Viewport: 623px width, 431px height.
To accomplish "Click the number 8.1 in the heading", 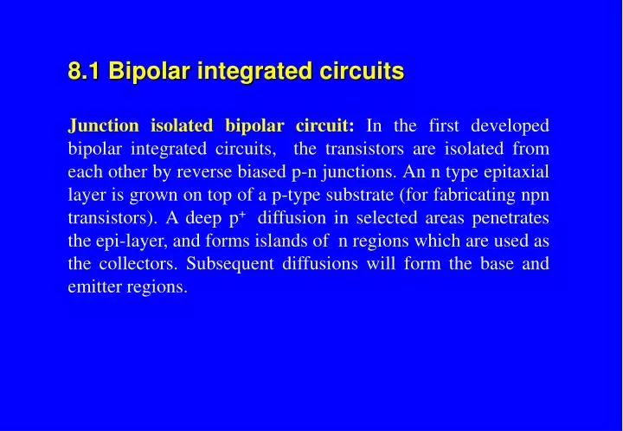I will tap(86, 71).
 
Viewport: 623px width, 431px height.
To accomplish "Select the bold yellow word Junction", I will tap(103, 125).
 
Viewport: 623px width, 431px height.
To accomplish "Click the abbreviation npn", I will tap(535, 195).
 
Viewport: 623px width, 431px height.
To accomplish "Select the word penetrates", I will tap(511, 217).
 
